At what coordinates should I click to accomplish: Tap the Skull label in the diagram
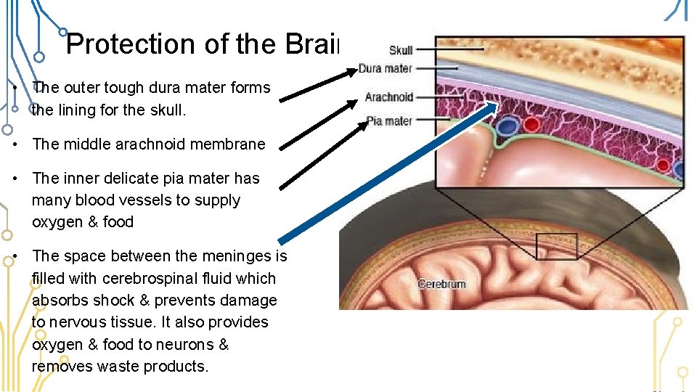tap(401, 50)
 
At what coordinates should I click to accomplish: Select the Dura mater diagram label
tap(385, 69)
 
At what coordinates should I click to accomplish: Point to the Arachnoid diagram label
tap(388, 97)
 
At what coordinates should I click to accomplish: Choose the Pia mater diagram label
tap(390, 121)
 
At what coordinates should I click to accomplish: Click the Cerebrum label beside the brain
tap(441, 284)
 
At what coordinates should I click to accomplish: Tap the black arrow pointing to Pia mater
tap(320, 152)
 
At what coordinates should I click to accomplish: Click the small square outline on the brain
tap(557, 247)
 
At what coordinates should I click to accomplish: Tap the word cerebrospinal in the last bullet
tap(147, 278)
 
